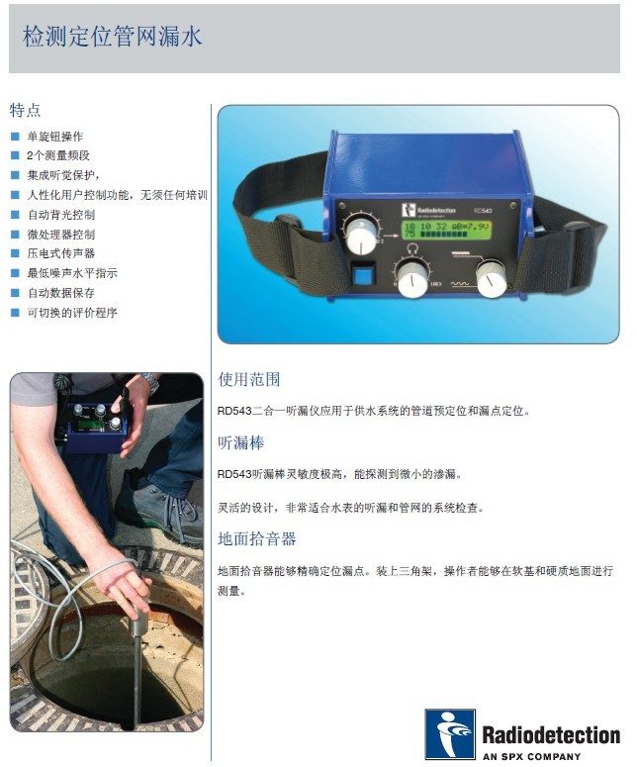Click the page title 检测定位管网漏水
[x=112, y=37]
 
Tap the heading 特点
[x=25, y=110]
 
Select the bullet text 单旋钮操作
[x=55, y=137]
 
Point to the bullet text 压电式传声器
[x=61, y=253]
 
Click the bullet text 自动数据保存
[x=61, y=293]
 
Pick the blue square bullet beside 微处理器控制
[x=15, y=235]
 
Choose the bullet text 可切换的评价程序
[x=72, y=313]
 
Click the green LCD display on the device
[x=446, y=230]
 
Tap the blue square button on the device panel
[x=363, y=276]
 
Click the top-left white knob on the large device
[x=362, y=236]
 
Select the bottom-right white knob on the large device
[x=491, y=279]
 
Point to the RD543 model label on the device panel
[x=483, y=211]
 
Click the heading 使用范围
[x=249, y=380]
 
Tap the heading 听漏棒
[x=241, y=442]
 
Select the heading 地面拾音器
[x=257, y=539]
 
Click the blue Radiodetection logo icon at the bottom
[x=450, y=733]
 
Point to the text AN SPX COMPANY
[x=531, y=757]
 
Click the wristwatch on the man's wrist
[x=150, y=383]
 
